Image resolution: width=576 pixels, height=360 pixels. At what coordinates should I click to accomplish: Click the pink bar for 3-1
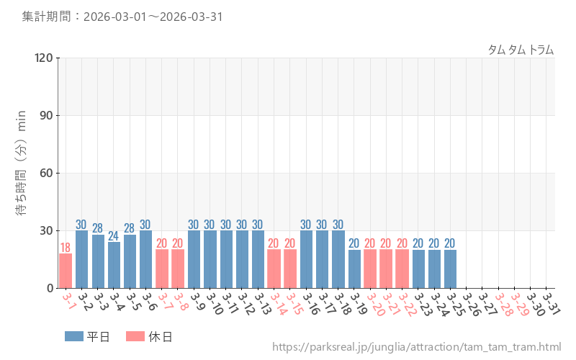(x=66, y=271)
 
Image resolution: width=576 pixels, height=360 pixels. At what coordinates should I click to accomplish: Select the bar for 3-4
(x=114, y=265)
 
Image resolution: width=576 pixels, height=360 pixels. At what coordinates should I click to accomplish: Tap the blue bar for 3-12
(x=242, y=259)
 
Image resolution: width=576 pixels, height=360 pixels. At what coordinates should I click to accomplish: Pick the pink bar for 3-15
(x=290, y=269)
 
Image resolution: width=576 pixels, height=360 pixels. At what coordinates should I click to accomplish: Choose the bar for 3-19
(x=354, y=269)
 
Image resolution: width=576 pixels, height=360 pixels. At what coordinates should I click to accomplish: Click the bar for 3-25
(x=451, y=269)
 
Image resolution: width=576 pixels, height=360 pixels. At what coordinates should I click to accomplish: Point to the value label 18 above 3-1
(x=66, y=248)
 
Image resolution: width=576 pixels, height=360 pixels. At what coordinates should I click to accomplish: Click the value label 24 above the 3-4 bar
(x=114, y=236)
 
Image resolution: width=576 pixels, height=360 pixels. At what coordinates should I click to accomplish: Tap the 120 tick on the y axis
(x=44, y=58)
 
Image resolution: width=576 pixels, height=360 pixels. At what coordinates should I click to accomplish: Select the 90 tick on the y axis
(x=47, y=115)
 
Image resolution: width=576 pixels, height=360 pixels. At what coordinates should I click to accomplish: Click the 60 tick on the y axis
(x=47, y=173)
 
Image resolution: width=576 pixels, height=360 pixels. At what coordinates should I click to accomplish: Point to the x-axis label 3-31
(x=551, y=302)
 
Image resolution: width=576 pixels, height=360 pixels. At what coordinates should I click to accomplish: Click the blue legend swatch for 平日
(x=74, y=336)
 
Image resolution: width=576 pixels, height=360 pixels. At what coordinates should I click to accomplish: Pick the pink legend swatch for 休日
(x=135, y=336)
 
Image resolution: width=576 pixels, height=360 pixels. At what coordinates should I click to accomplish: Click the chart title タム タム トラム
(x=521, y=50)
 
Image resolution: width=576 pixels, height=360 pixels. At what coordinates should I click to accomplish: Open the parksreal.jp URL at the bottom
(x=416, y=347)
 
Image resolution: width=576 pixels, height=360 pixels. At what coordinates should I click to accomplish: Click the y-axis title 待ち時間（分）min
(x=22, y=172)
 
